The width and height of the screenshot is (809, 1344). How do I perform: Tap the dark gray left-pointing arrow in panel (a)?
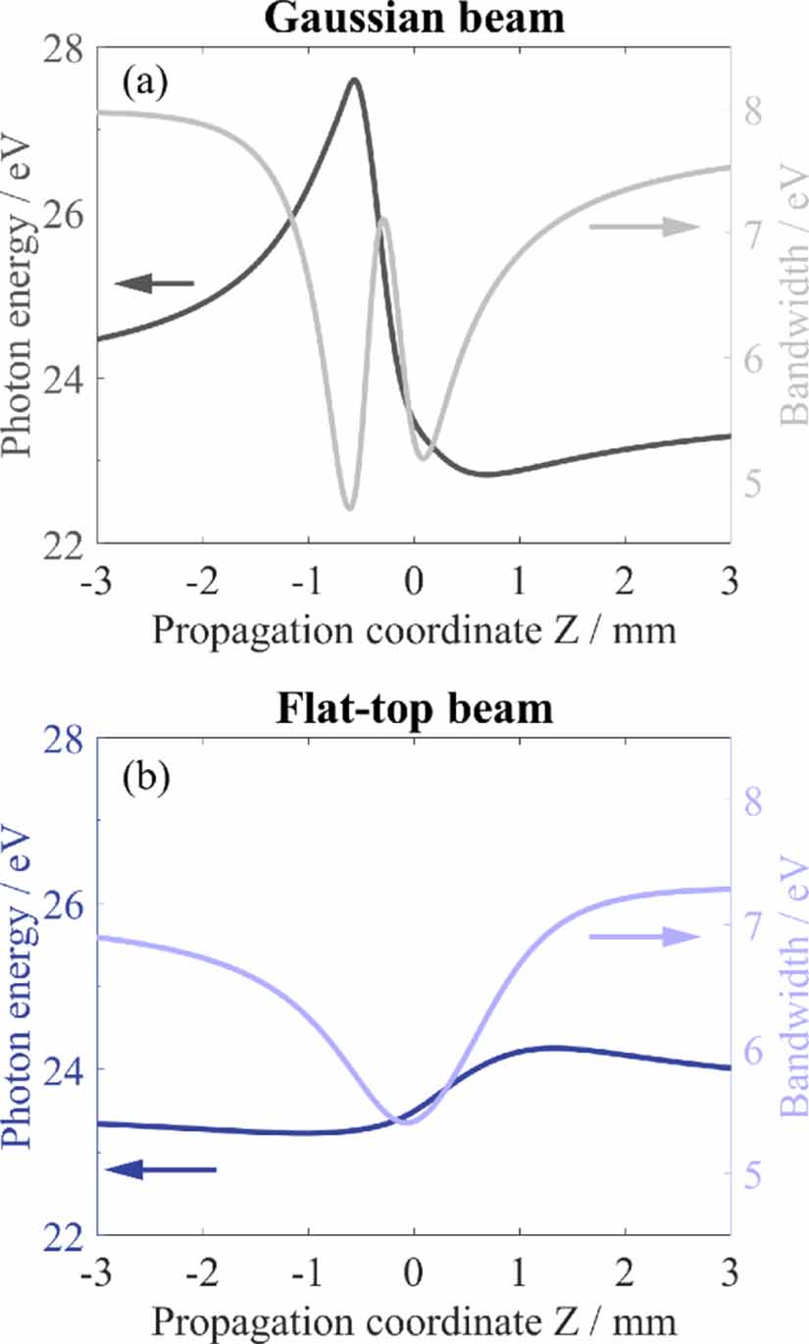pyautogui.click(x=155, y=284)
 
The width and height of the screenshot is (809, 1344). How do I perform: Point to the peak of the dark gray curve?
pyautogui.click(x=354, y=79)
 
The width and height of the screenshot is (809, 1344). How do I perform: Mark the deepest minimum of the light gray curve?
pyautogui.click(x=348, y=508)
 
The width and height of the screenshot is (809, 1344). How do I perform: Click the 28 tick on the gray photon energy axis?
pyautogui.click(x=64, y=48)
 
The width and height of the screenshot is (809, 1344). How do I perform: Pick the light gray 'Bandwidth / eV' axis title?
pyautogui.click(x=794, y=294)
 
